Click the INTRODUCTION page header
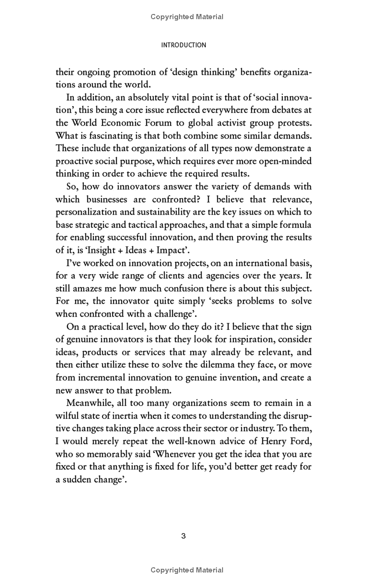click(183, 45)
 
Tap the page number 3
click(183, 536)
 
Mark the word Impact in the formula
click(166, 250)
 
